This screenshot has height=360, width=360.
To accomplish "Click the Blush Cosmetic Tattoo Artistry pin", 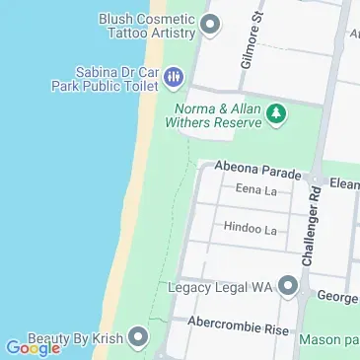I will [x=208, y=26].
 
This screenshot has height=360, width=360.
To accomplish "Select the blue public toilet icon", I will [x=174, y=76].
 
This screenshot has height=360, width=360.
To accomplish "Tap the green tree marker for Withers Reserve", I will [x=278, y=115].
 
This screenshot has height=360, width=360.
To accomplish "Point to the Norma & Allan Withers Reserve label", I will [x=218, y=115].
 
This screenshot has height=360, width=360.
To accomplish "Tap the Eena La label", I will [x=254, y=190].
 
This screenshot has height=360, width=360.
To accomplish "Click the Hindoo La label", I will [x=250, y=229].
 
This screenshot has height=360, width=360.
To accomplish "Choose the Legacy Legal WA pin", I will [x=288, y=287].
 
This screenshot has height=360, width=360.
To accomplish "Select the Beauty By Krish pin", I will [x=138, y=339].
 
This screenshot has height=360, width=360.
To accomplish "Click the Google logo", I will [x=33, y=347].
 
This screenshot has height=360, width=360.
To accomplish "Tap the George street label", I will [x=337, y=296].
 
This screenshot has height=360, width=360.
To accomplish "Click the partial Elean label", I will [x=344, y=183].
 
